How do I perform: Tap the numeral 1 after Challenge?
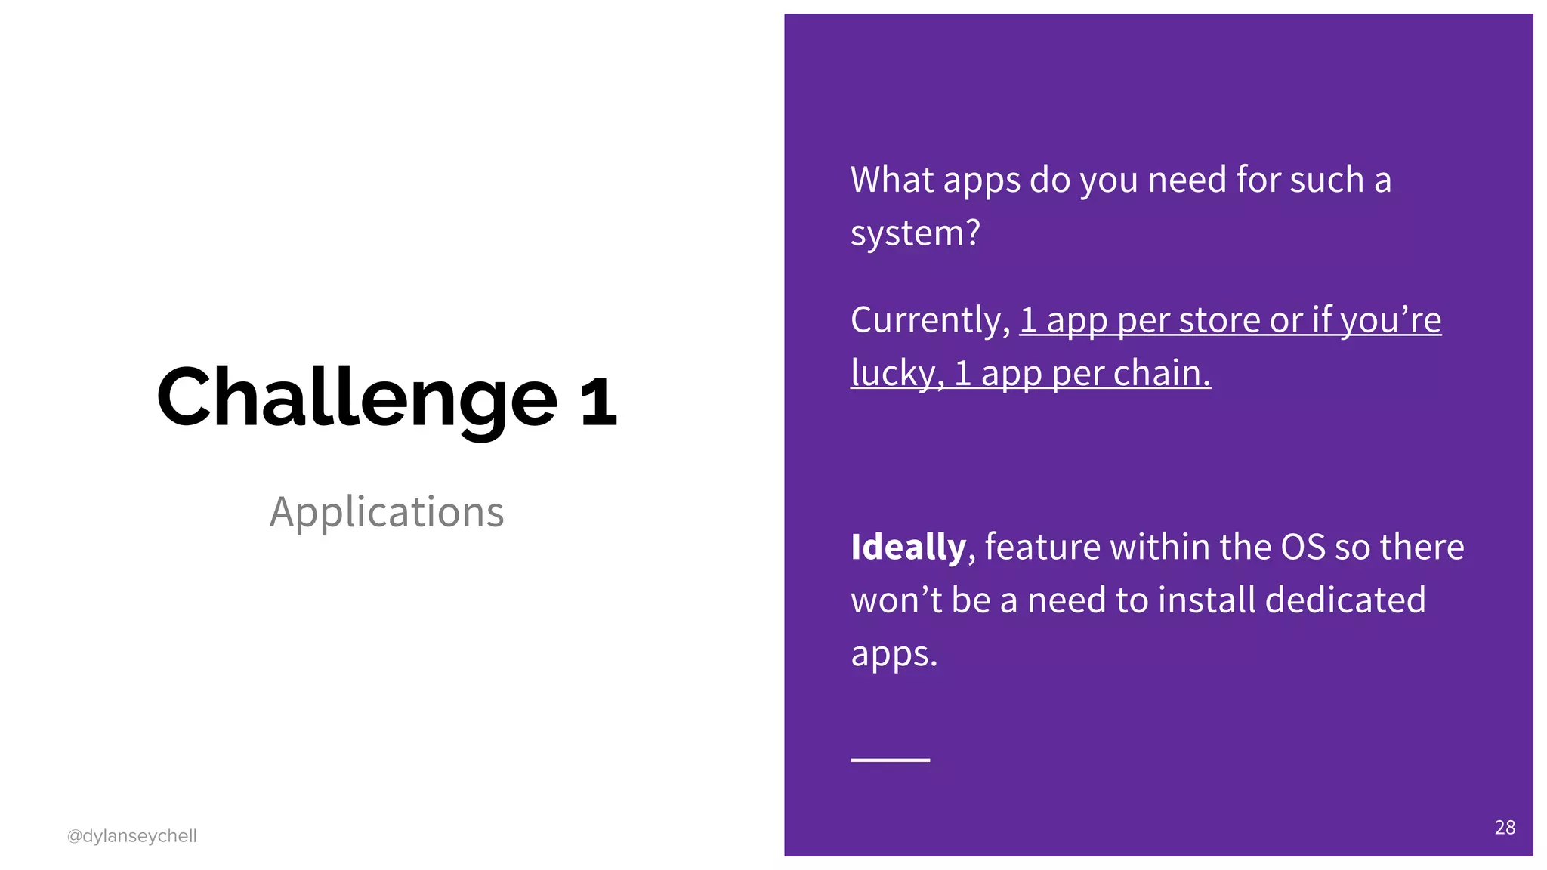[x=598, y=400]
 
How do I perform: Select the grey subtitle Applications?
[x=387, y=512]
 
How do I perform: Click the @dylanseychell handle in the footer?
[x=131, y=836]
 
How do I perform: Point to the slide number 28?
[x=1505, y=828]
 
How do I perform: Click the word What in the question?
[x=892, y=180]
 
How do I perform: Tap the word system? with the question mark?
[x=915, y=233]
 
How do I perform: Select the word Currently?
[x=930, y=321]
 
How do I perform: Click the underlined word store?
[x=1219, y=321]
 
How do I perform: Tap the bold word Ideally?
[x=908, y=548]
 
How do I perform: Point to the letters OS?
[x=1302, y=548]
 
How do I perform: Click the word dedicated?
[x=1345, y=600]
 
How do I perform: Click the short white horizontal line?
[x=890, y=760]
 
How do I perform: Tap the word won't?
[x=897, y=600]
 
